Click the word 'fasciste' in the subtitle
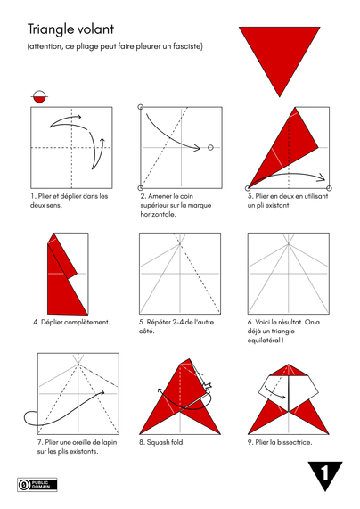click(184, 46)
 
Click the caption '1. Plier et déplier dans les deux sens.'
click(70, 201)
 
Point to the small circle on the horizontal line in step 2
click(210, 147)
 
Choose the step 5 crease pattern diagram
click(180, 272)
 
